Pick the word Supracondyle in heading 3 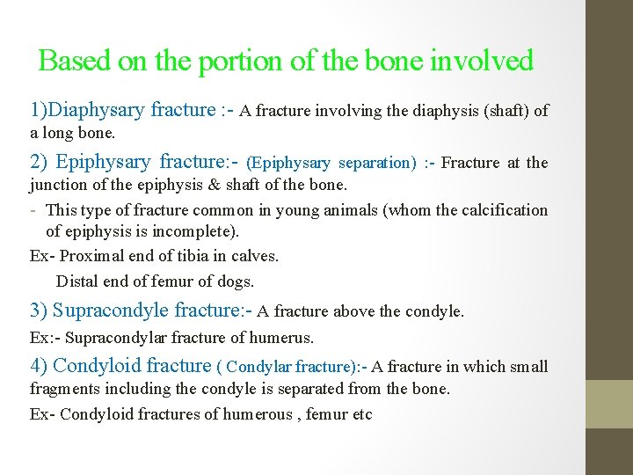click(x=111, y=311)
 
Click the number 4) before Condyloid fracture click(x=40, y=366)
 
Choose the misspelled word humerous click(x=260, y=413)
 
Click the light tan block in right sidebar click(x=609, y=404)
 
